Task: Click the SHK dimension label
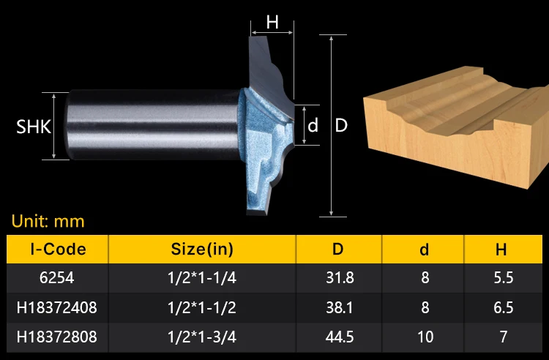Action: click(x=34, y=127)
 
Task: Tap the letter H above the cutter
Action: click(x=272, y=23)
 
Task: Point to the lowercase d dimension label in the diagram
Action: click(x=313, y=125)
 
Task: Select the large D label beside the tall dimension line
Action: click(x=341, y=125)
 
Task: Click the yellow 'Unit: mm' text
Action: click(x=48, y=221)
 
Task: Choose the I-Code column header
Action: click(x=58, y=249)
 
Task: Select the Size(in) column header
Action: click(x=202, y=249)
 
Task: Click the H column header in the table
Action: click(x=501, y=250)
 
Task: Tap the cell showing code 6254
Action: click(x=56, y=278)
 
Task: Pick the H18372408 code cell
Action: click(x=56, y=307)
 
